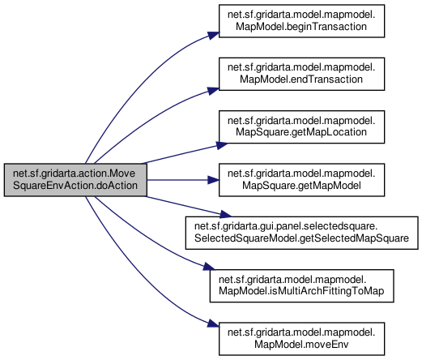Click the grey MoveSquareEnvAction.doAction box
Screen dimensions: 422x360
click(75, 180)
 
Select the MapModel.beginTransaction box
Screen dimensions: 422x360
click(301, 21)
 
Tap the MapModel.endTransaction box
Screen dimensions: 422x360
click(301, 74)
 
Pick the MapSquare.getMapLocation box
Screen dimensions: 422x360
click(301, 126)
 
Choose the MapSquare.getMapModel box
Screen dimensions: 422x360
click(301, 180)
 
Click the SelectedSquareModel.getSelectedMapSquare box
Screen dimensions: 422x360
click(301, 233)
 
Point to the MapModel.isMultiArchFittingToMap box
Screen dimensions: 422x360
click(301, 285)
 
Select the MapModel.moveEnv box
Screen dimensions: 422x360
click(301, 339)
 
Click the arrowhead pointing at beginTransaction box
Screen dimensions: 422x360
click(213, 36)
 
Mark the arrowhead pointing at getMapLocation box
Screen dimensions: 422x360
click(222, 145)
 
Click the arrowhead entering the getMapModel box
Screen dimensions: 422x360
click(213, 180)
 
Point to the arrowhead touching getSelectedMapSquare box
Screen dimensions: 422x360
click(226, 215)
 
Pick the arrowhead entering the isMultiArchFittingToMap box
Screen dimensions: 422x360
click(209, 267)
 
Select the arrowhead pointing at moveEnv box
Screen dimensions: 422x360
click(213, 324)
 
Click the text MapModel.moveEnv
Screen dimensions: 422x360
click(301, 345)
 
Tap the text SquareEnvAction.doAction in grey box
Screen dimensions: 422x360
click(75, 186)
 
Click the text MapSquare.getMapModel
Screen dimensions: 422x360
click(301, 186)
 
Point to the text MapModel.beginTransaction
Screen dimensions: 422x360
click(301, 27)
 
